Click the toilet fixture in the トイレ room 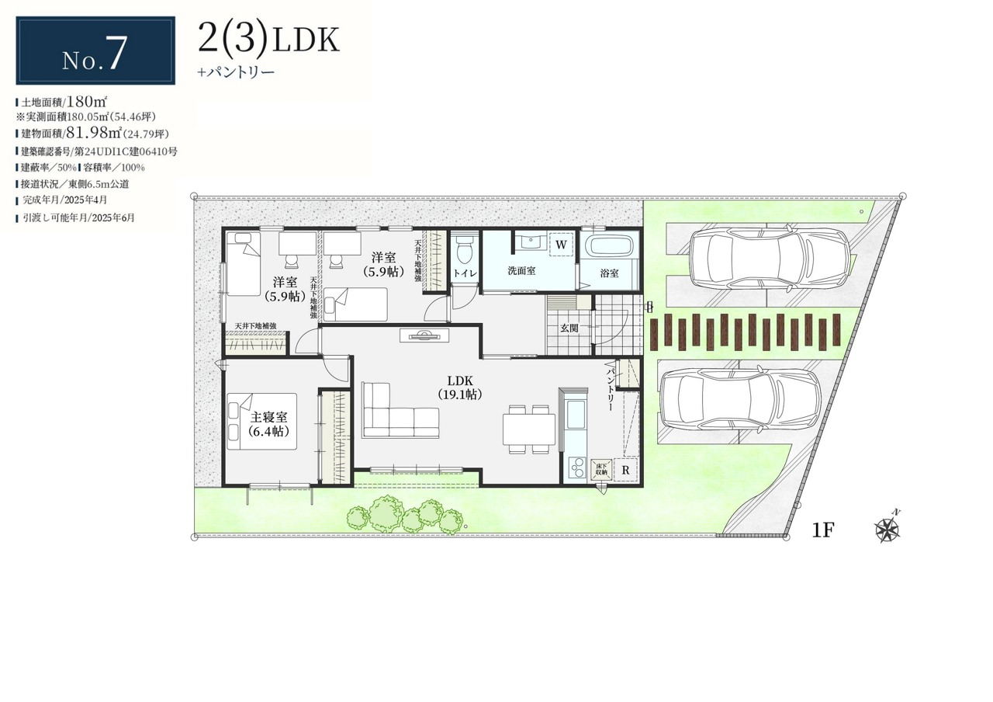pyautogui.click(x=464, y=249)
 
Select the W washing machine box pyautogui.click(x=561, y=245)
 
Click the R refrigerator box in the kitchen pyautogui.click(x=625, y=470)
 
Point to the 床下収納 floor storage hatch pyautogui.click(x=601, y=470)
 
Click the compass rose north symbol pyautogui.click(x=887, y=529)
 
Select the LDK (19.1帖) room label pyautogui.click(x=460, y=387)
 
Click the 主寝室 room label pyautogui.click(x=268, y=417)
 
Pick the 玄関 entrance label pyautogui.click(x=569, y=328)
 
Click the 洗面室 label pyautogui.click(x=521, y=271)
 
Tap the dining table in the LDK pyautogui.click(x=529, y=429)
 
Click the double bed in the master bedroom pyautogui.click(x=261, y=421)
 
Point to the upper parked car pyautogui.click(x=769, y=259)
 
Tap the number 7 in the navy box pyautogui.click(x=114, y=53)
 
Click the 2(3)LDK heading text pyautogui.click(x=268, y=39)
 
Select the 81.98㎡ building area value pyautogui.click(x=95, y=133)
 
